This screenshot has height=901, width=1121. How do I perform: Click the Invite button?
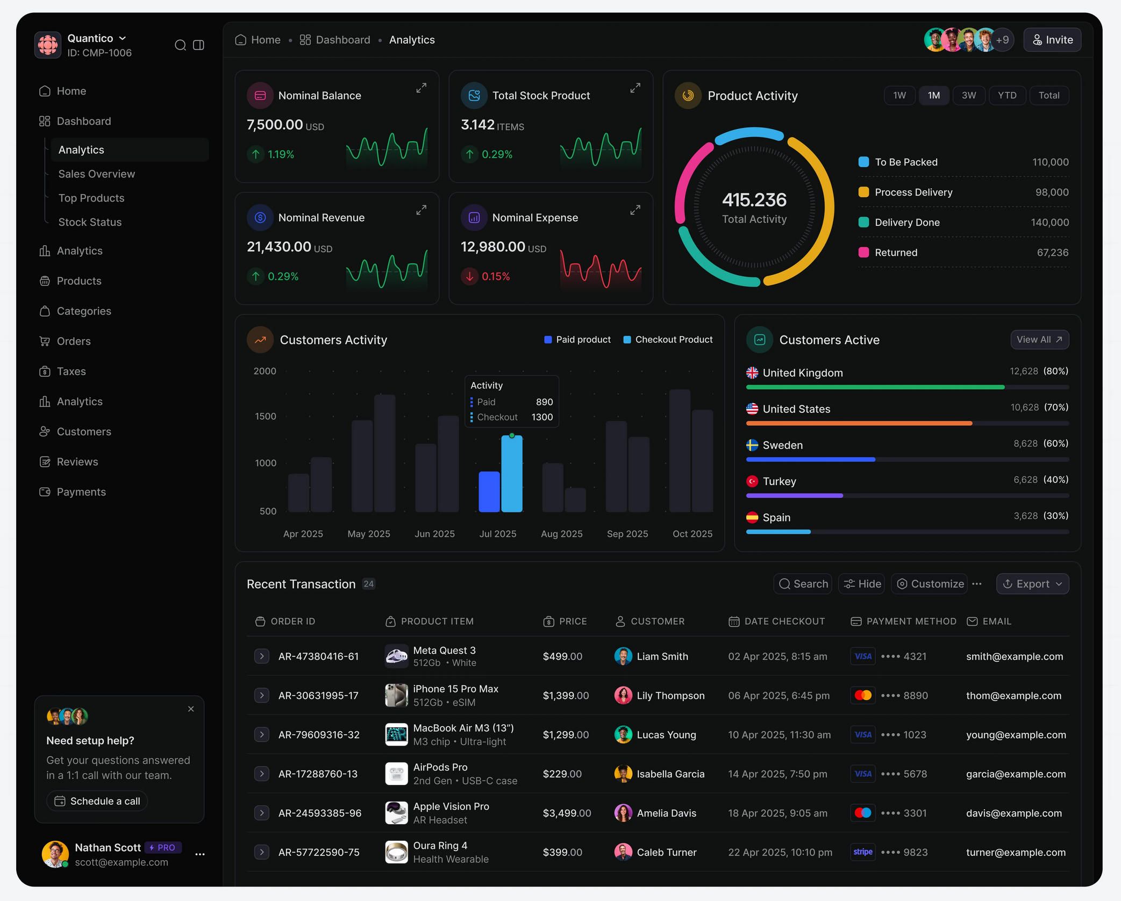pyautogui.click(x=1052, y=40)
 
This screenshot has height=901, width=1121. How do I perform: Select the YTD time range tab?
pyautogui.click(x=1006, y=95)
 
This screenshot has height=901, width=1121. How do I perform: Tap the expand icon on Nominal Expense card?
pyautogui.click(x=635, y=210)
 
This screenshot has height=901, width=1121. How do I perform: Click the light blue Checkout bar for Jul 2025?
pyautogui.click(x=511, y=474)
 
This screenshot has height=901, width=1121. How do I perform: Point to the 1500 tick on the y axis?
pyautogui.click(x=265, y=416)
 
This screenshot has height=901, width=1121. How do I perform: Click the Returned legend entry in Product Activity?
pyautogui.click(x=895, y=252)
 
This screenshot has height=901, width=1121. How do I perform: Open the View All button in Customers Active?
pyautogui.click(x=1039, y=339)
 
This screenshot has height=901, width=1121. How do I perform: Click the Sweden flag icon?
pyautogui.click(x=752, y=445)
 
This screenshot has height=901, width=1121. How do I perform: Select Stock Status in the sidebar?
pyautogui.click(x=90, y=222)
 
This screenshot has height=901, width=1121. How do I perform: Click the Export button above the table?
pyautogui.click(x=1032, y=584)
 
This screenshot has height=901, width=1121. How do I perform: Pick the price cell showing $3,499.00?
pyautogui.click(x=566, y=813)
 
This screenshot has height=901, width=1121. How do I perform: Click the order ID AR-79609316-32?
pyautogui.click(x=319, y=734)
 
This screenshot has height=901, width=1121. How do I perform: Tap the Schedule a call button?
pyautogui.click(x=97, y=801)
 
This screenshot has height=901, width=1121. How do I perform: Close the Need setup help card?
pyautogui.click(x=191, y=709)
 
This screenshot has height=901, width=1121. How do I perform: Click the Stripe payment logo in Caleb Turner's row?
pyautogui.click(x=862, y=852)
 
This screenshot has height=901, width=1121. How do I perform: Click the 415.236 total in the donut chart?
pyautogui.click(x=754, y=200)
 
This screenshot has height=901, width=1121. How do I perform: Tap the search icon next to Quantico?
pyautogui.click(x=180, y=45)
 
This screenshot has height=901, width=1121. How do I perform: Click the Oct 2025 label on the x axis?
pyautogui.click(x=692, y=534)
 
